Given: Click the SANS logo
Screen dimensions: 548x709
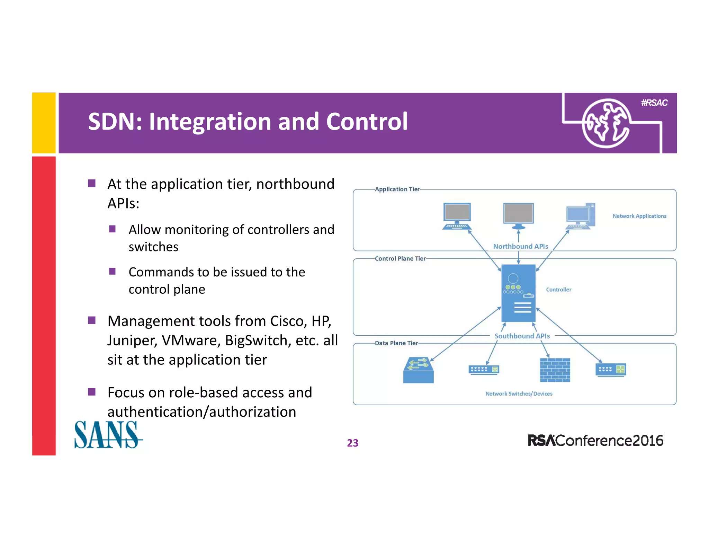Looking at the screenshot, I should (108, 435).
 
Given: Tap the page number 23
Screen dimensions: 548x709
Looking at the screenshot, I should (352, 443).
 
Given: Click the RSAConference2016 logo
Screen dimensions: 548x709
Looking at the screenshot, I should (595, 441).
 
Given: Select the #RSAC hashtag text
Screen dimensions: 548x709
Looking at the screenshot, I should (654, 103).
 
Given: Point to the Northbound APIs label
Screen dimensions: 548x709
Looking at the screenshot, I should (520, 246).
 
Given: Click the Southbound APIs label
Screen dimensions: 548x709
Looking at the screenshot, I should (522, 336).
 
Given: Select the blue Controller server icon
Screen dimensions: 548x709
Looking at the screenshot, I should (518, 293).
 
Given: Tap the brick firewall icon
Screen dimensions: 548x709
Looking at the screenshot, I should (555, 370).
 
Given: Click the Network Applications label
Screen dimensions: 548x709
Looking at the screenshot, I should (639, 216).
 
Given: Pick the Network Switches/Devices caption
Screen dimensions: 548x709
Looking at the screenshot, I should (519, 394).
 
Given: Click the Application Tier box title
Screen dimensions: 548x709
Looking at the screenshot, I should (397, 189).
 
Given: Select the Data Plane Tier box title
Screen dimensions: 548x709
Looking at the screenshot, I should (396, 343).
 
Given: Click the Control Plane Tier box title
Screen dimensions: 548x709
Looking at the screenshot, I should (400, 259).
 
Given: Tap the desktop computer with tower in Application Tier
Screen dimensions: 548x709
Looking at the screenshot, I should (581, 216).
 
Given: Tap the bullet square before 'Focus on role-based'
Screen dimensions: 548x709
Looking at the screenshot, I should (92, 392).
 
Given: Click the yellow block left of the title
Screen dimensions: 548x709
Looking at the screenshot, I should (44, 123).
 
